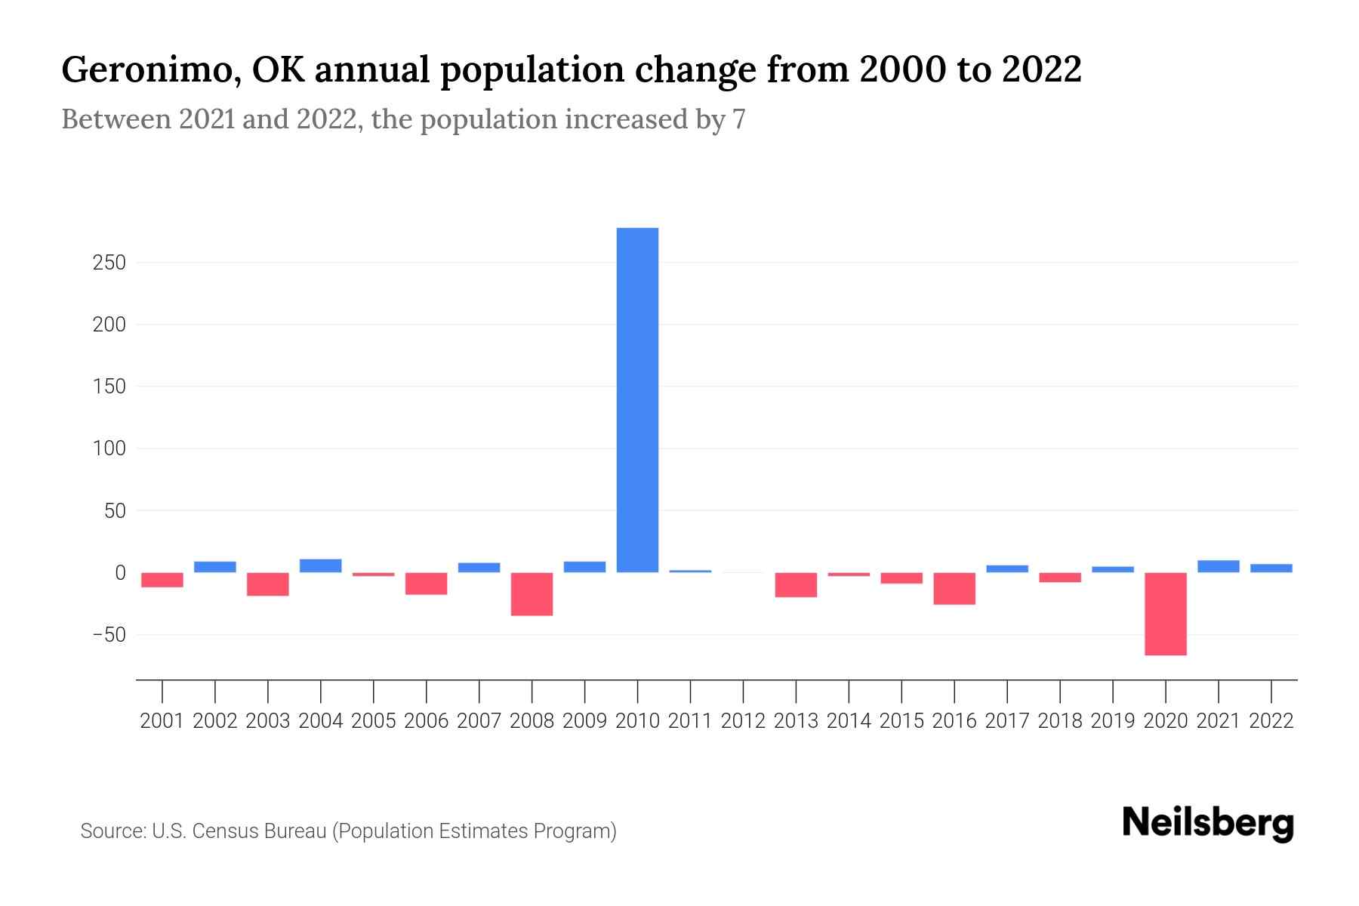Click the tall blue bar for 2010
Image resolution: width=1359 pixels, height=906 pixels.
click(x=637, y=400)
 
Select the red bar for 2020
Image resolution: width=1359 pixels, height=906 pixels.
click(x=1166, y=613)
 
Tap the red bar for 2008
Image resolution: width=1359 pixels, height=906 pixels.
click(x=532, y=594)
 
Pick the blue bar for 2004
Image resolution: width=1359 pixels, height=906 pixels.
click(x=321, y=565)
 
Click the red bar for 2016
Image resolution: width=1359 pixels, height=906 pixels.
click(x=954, y=588)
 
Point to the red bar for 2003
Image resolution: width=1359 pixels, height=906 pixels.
click(x=268, y=584)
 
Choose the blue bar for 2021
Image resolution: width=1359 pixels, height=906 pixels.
click(x=1219, y=566)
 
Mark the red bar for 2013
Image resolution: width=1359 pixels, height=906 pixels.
click(x=796, y=585)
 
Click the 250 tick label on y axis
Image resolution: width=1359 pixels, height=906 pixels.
click(x=109, y=263)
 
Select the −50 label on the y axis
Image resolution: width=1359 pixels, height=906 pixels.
click(x=108, y=635)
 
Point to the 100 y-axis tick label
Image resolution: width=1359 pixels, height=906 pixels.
click(x=109, y=449)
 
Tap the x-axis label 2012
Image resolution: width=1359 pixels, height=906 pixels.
click(x=743, y=721)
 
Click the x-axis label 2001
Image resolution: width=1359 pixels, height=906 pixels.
click(x=162, y=721)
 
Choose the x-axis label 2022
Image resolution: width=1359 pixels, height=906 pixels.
click(x=1271, y=721)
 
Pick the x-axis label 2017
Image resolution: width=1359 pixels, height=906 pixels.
click(x=1007, y=721)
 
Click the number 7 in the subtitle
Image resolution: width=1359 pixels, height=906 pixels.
click(x=738, y=119)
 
